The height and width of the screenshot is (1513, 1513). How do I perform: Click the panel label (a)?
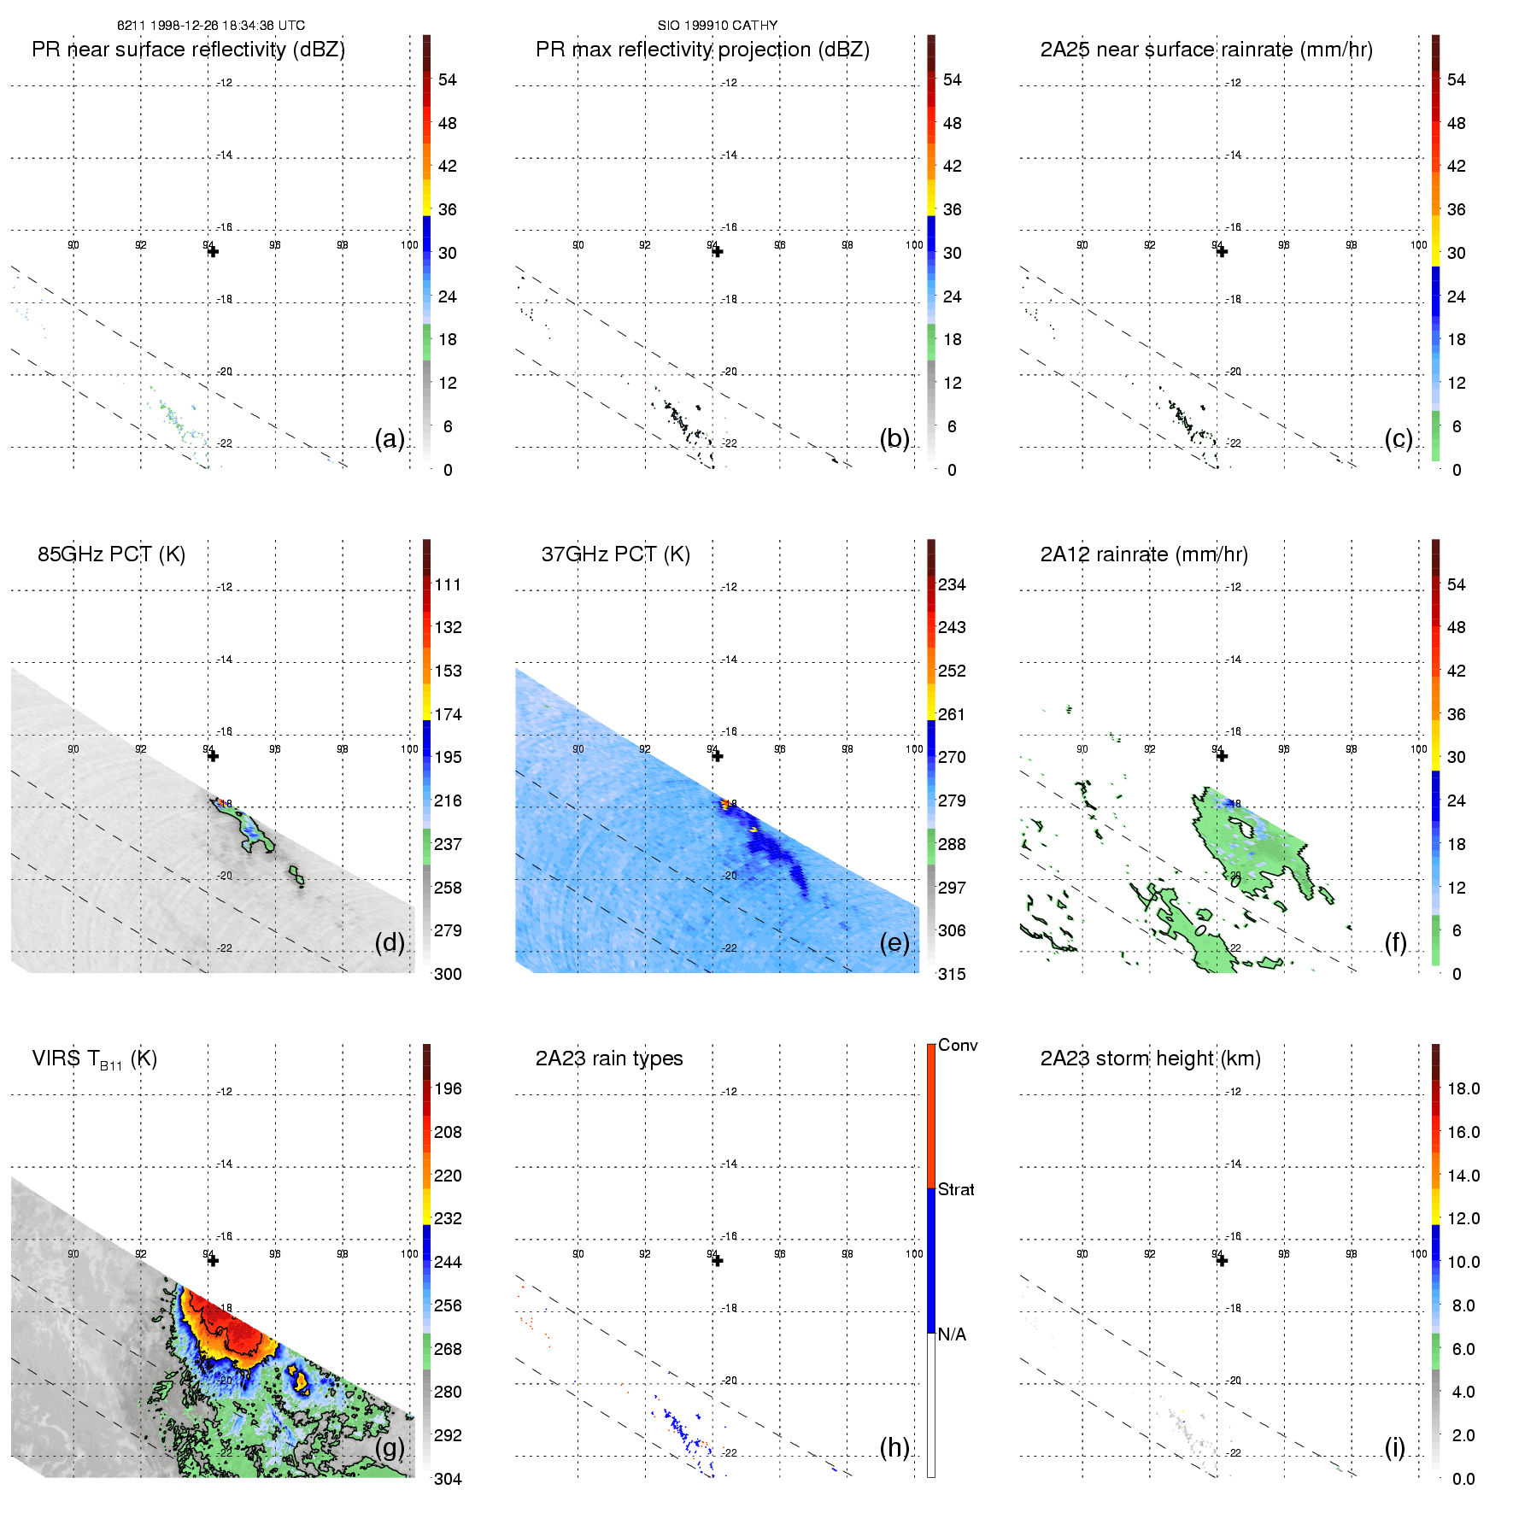(390, 439)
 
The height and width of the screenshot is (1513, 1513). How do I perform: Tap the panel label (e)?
(894, 943)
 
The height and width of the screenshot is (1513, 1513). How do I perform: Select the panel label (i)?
(1394, 1448)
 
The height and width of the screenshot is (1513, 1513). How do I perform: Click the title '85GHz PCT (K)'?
(111, 554)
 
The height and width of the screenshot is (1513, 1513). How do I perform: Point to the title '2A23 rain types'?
(609, 1059)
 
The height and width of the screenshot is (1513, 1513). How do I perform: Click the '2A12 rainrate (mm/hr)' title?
(1144, 554)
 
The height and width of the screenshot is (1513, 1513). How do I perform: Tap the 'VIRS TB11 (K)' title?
(94, 1059)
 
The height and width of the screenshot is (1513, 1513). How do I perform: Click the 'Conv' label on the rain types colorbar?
(958, 1046)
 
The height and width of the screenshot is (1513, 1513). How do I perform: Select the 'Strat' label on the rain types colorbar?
(956, 1190)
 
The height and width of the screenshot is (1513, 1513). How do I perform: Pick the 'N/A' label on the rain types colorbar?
(952, 1334)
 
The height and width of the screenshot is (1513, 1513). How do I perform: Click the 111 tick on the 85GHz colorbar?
(448, 585)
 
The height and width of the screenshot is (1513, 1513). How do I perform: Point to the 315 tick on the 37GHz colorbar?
(952, 974)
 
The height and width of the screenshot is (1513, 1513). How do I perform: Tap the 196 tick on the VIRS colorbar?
(448, 1089)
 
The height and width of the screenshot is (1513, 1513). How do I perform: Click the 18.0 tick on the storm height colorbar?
(1463, 1089)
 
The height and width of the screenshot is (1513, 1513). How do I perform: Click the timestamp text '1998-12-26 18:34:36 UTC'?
(227, 26)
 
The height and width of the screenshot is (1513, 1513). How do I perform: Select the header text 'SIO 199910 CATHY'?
(718, 26)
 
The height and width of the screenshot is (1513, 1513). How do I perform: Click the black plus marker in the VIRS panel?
(213, 1261)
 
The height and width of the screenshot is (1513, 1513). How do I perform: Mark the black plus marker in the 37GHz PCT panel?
(718, 756)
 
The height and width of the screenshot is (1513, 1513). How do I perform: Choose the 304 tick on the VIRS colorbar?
(448, 1479)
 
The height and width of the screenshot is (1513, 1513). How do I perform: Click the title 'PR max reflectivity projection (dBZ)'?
(702, 50)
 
